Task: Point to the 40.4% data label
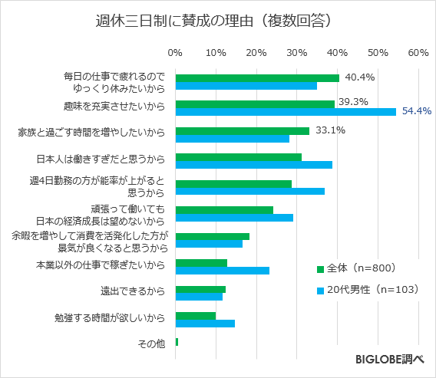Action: (360, 77)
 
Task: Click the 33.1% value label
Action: (329, 130)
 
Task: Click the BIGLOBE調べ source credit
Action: (390, 359)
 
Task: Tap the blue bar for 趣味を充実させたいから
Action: (286, 112)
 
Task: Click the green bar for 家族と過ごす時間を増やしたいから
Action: (243, 130)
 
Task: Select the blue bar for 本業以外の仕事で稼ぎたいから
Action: (223, 270)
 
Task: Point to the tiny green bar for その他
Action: (177, 341)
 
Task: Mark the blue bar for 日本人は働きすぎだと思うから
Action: (254, 165)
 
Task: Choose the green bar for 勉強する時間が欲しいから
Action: (196, 315)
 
